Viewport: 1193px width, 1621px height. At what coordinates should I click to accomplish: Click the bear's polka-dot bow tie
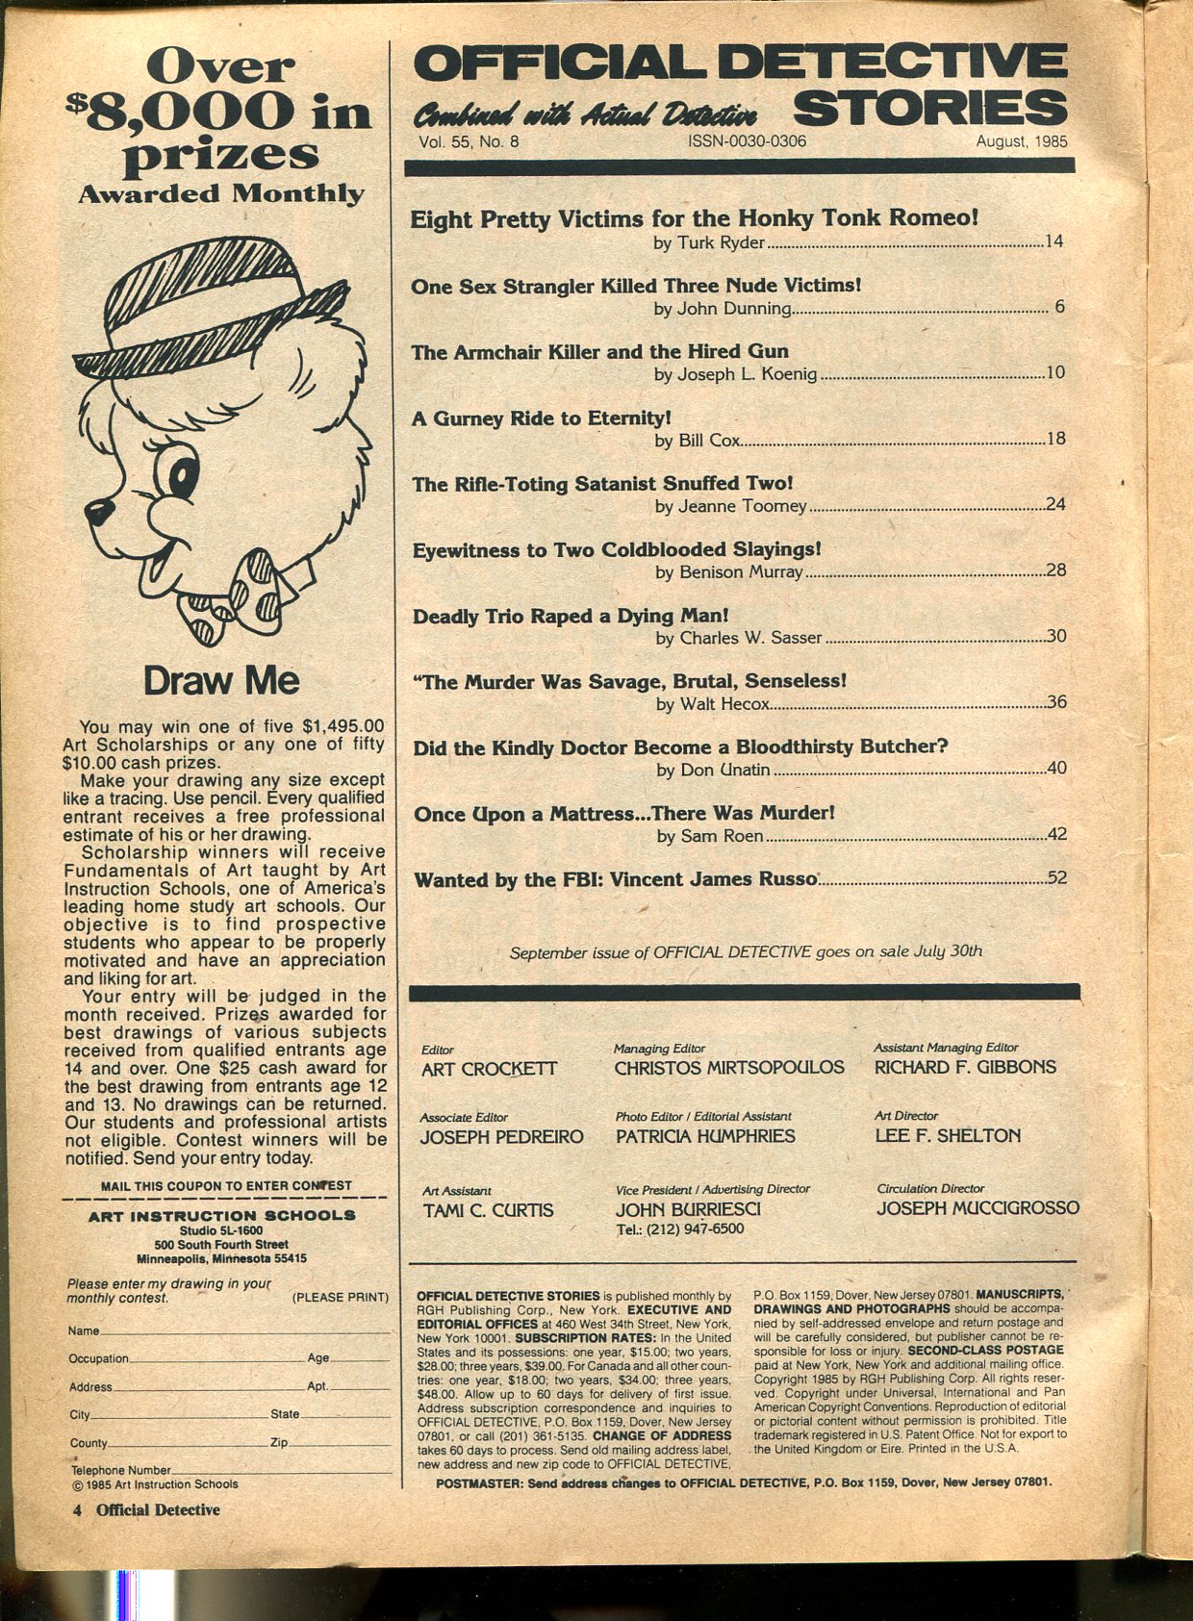click(245, 592)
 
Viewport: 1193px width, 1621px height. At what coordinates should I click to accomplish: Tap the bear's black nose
click(96, 511)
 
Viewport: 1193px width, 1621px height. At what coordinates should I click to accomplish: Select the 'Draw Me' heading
click(221, 681)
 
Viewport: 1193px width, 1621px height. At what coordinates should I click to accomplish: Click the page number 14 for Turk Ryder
click(1054, 241)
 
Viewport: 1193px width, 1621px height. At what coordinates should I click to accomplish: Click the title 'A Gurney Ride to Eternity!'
click(541, 418)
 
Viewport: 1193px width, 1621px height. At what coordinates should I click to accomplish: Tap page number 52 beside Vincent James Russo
click(1056, 877)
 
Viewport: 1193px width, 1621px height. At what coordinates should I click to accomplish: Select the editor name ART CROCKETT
click(489, 1069)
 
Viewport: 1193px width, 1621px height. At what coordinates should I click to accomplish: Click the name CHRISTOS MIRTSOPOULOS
click(729, 1068)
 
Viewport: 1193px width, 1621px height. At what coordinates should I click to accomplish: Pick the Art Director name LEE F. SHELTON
click(948, 1136)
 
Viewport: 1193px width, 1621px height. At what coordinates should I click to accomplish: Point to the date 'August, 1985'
click(1022, 140)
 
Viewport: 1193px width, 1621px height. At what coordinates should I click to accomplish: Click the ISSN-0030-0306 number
click(747, 140)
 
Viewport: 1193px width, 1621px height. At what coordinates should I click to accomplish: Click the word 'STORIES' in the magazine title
click(930, 108)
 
